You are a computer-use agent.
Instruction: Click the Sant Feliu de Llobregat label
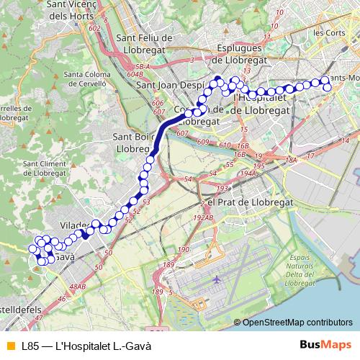(143, 42)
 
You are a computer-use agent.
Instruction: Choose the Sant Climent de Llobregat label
(45, 168)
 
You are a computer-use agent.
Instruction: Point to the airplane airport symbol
(217, 278)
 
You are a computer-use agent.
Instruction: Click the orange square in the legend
(10, 346)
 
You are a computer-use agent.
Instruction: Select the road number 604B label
(135, 73)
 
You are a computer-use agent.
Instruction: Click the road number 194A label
(250, 174)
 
